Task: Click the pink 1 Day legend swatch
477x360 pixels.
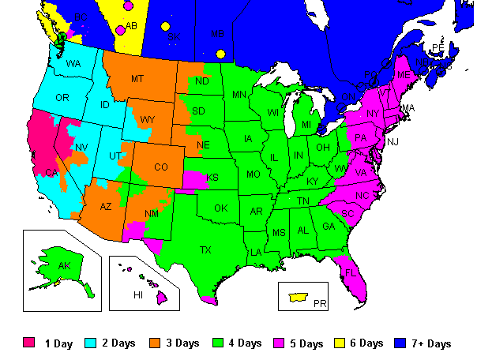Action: (29, 343)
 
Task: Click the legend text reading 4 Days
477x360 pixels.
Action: (245, 343)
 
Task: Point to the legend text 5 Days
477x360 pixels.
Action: (307, 343)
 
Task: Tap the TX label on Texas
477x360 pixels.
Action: (205, 250)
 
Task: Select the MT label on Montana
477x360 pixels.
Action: (137, 79)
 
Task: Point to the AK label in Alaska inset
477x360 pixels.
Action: (64, 266)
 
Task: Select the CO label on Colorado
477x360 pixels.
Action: (161, 167)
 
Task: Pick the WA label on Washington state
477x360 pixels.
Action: (73, 63)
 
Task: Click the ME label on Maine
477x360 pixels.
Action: (404, 74)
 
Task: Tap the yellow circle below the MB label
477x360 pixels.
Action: (221, 54)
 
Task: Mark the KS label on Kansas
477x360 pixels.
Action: (212, 178)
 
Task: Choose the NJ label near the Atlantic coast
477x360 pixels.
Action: (393, 141)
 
